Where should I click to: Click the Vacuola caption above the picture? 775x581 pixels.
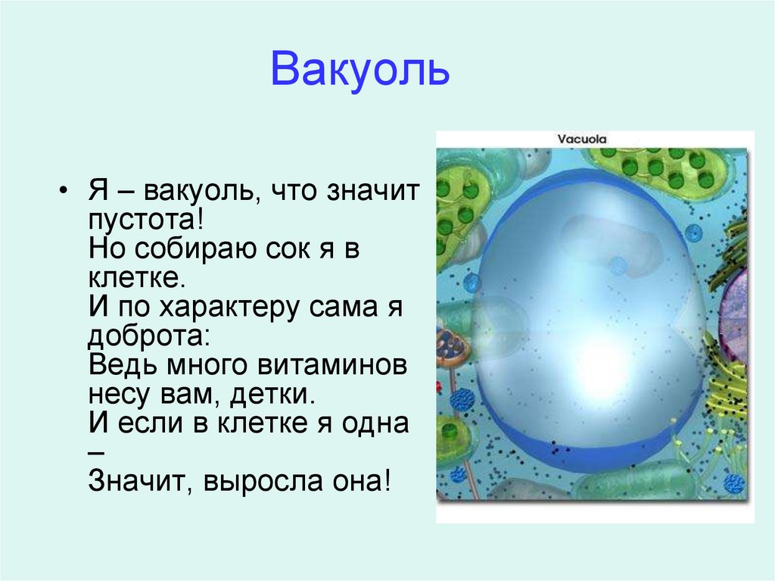click(582, 139)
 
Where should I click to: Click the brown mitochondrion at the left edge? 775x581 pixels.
click(452, 345)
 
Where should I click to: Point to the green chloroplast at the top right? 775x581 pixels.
click(666, 170)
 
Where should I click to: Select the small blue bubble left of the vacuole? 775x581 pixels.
click(472, 283)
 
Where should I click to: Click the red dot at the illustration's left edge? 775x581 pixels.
click(439, 387)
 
